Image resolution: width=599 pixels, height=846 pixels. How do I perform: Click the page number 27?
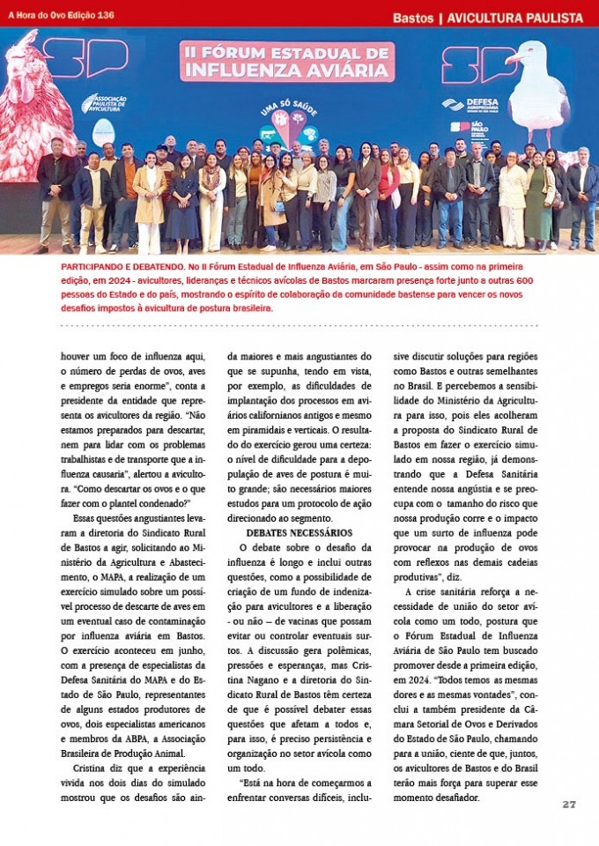pyautogui.click(x=569, y=804)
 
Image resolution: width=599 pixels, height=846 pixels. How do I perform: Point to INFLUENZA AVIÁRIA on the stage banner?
pyautogui.click(x=287, y=70)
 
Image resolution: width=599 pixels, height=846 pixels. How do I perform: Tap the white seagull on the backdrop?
pyautogui.click(x=536, y=88)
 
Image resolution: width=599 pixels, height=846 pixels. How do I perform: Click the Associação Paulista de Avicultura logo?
pyautogui.click(x=105, y=103)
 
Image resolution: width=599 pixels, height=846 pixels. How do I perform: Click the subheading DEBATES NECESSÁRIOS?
pyautogui.click(x=299, y=533)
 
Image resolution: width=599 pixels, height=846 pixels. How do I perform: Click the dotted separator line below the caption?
pyautogui.click(x=299, y=326)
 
